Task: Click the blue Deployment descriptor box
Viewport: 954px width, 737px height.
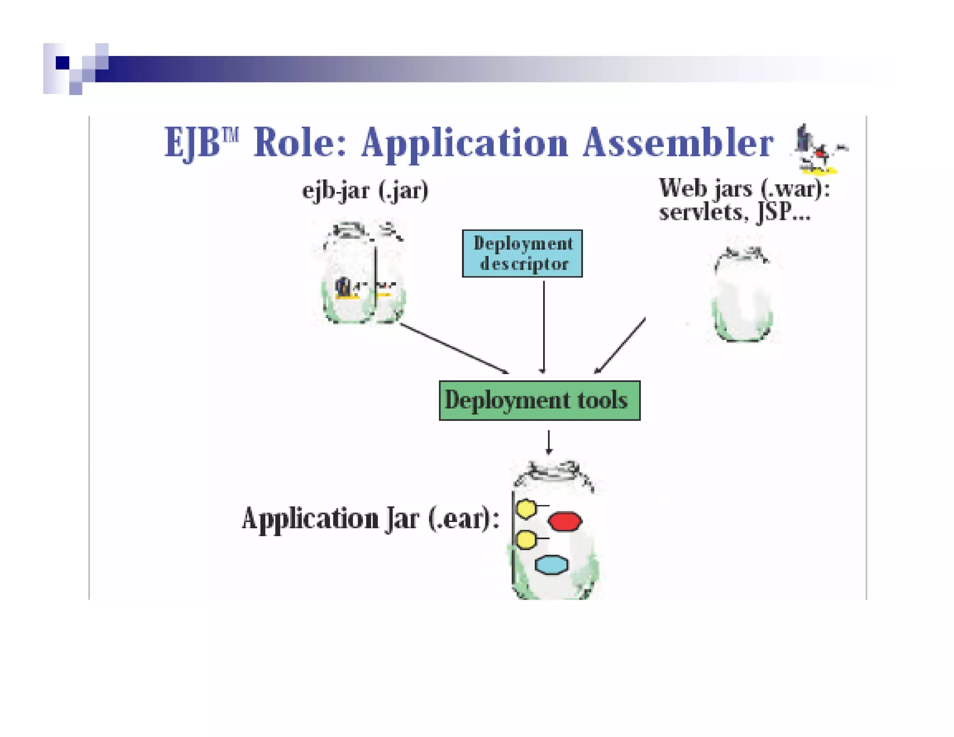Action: (x=522, y=253)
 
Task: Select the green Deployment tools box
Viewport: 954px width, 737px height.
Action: (x=539, y=401)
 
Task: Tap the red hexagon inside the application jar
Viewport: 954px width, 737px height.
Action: (x=565, y=521)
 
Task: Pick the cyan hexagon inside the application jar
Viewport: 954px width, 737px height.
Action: (x=552, y=565)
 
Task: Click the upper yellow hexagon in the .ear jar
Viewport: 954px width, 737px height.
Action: (x=526, y=509)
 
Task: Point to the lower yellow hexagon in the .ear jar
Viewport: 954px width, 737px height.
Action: (x=526, y=540)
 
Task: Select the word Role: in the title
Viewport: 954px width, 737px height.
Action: (x=300, y=143)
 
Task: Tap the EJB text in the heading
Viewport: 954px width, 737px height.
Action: (x=192, y=143)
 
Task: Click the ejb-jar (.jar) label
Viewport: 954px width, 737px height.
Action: (x=365, y=191)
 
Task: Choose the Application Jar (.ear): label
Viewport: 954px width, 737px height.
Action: (x=370, y=519)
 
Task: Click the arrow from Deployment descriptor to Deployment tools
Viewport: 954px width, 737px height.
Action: (x=544, y=326)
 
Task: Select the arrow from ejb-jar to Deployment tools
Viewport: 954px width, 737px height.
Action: (x=454, y=348)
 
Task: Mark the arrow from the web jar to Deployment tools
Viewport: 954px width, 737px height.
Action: (x=620, y=345)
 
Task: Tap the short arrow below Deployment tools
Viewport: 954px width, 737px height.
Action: (x=549, y=442)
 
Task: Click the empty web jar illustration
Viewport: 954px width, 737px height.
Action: (x=743, y=296)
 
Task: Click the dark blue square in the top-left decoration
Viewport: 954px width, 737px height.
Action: (x=62, y=62)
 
